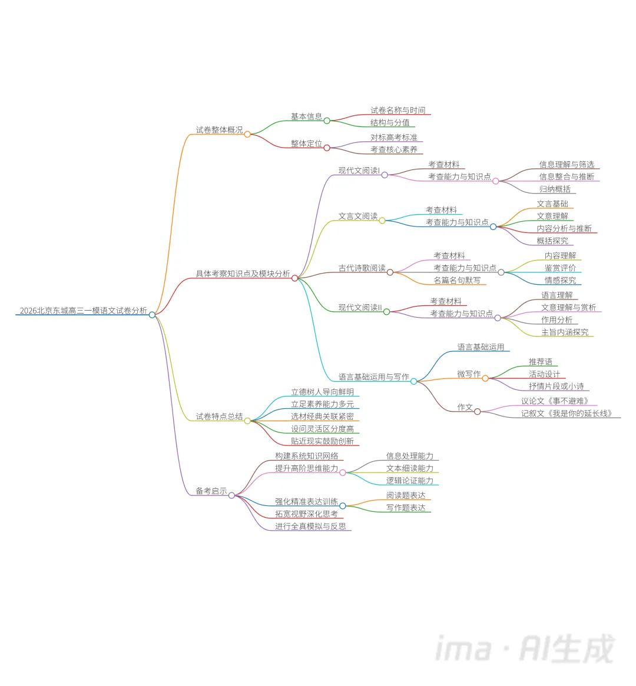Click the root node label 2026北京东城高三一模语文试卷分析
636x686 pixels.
tap(83, 311)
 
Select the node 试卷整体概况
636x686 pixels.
tap(219, 130)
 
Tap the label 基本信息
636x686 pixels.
tap(306, 116)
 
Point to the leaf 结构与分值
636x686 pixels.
tap(390, 123)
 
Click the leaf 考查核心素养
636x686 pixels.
tap(394, 150)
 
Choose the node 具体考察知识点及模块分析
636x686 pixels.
tap(243, 274)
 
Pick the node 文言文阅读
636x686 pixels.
tap(358, 217)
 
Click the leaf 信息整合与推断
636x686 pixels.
tap(567, 177)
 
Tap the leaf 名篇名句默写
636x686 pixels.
tap(457, 281)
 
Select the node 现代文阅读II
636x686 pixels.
tap(360, 308)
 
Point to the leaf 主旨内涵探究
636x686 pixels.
tap(565, 332)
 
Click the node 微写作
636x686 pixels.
tap(469, 374)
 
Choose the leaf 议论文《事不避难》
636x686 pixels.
tap(555, 401)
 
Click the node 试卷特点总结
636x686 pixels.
tap(219, 417)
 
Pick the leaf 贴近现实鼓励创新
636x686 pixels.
tap(322, 441)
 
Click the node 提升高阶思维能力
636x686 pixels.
tap(306, 468)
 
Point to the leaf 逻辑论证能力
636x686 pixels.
tap(409, 481)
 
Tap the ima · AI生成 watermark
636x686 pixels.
tap(524, 648)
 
